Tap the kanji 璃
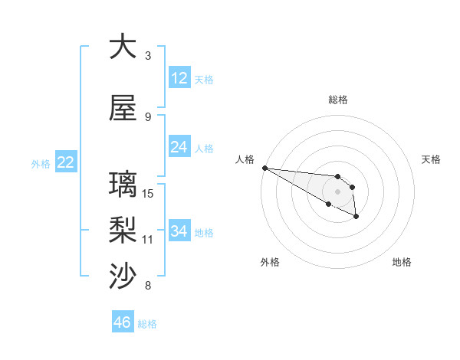123,185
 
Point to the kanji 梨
123,231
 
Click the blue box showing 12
179,78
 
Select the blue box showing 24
179,147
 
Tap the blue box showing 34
179,231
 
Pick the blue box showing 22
65,162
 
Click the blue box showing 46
123,322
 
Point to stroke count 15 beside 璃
149,193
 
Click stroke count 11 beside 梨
149,240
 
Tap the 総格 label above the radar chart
338,100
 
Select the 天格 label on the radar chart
432,159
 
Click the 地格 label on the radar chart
402,262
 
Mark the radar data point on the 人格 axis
264,168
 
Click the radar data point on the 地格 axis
356,218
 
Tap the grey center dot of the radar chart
337,191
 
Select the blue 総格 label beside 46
147,324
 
